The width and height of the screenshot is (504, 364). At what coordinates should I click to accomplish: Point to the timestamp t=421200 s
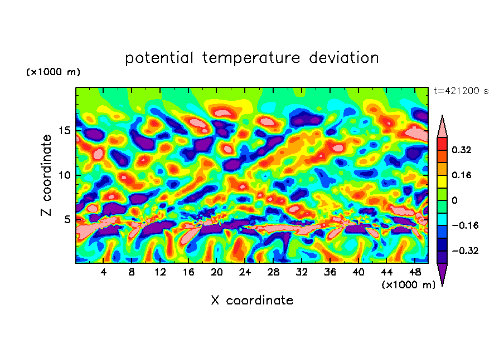click(x=461, y=91)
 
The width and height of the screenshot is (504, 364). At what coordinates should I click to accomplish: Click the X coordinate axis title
click(x=252, y=301)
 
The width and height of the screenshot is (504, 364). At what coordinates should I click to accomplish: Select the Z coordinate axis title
click(x=47, y=175)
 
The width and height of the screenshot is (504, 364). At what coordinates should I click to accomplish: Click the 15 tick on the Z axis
click(x=66, y=131)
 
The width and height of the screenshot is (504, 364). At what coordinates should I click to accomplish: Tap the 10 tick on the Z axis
click(x=66, y=175)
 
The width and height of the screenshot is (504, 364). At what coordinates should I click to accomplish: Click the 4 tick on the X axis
click(x=104, y=272)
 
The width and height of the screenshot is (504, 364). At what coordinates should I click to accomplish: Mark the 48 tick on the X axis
click(x=414, y=272)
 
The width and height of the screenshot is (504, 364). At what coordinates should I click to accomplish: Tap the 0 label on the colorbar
click(x=454, y=200)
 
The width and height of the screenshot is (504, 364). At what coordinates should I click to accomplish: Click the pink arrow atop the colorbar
click(x=442, y=126)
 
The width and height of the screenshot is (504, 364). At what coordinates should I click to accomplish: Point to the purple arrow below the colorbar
click(x=442, y=274)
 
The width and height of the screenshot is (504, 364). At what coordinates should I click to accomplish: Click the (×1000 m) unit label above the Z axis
click(x=53, y=72)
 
